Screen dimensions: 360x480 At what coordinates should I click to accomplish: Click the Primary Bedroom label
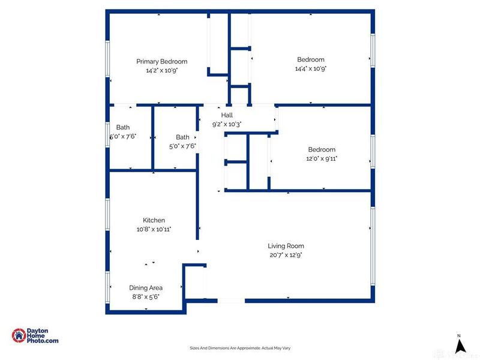tap(161, 61)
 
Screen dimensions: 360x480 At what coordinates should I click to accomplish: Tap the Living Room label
tap(286, 246)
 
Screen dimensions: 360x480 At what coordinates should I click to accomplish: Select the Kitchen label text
tap(154, 220)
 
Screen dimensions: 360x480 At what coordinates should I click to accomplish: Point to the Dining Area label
tap(146, 288)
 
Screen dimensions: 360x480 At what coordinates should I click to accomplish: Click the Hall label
tap(226, 115)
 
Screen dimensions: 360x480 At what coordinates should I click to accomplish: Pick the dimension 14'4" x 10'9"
tap(310, 68)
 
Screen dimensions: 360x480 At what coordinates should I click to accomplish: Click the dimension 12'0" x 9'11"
tap(322, 158)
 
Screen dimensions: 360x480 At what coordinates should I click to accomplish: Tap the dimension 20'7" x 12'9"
tap(286, 255)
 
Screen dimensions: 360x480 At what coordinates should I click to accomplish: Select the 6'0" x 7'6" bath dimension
tap(122, 136)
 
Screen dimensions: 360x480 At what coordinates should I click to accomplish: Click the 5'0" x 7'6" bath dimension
tap(182, 146)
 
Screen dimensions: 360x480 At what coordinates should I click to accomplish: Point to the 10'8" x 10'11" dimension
tap(154, 229)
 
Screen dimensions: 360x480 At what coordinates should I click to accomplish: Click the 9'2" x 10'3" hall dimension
tap(226, 124)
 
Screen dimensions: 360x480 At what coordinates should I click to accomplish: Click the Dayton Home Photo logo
tap(35, 336)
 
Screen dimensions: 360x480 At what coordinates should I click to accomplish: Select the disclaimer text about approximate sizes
tap(240, 349)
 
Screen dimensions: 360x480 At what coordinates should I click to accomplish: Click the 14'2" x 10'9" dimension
tap(161, 70)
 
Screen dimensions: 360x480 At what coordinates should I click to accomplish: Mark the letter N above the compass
tap(459, 335)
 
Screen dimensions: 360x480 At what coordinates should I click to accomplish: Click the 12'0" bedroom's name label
tap(322, 149)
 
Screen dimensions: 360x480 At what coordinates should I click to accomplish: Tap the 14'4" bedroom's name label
tap(310, 59)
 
